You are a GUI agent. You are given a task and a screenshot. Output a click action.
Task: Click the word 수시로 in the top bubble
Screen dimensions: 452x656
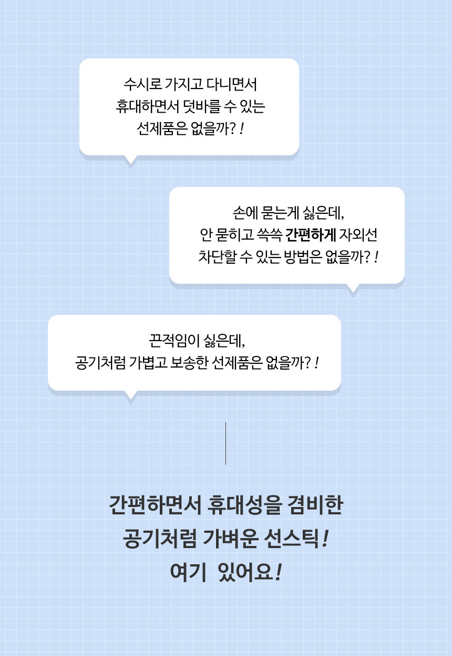pos(142,84)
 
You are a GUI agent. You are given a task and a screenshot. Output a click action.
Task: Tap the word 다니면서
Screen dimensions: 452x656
pos(232,84)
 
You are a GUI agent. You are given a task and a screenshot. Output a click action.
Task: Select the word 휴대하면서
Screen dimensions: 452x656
pos(147,106)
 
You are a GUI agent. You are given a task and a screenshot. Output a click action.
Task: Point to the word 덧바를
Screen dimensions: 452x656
pos(201,106)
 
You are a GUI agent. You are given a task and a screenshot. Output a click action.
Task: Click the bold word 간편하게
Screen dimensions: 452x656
pos(310,235)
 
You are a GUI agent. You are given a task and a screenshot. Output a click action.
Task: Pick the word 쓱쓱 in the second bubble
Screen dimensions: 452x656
pos(270,235)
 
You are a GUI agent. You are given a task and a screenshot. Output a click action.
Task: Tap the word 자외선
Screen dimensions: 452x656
pos(358,235)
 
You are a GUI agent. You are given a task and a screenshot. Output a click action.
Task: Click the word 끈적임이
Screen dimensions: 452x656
pos(174,341)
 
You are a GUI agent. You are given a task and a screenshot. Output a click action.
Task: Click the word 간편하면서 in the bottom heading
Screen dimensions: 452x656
pos(155,505)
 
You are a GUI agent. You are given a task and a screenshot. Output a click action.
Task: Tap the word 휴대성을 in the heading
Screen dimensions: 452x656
pos(245,505)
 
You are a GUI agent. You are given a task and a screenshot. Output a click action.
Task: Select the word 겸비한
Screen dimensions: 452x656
pos(315,505)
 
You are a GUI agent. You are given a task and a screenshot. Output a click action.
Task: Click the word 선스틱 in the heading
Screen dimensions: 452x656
pos(291,539)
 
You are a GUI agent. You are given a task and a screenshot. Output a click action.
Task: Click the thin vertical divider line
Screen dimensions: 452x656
pos(225,443)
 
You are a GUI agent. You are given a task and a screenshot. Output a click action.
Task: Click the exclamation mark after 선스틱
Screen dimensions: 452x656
pos(325,539)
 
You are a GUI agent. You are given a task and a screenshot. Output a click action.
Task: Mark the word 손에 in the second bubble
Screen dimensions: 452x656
pos(245,213)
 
